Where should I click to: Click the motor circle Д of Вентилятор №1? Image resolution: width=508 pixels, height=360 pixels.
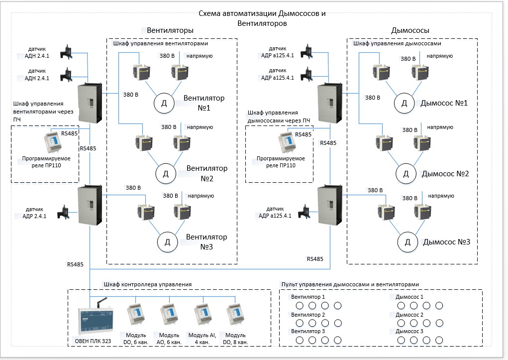(163, 103)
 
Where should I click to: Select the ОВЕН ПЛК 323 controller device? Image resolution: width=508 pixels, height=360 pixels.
(93, 322)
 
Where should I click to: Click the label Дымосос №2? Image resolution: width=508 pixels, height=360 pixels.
(445, 174)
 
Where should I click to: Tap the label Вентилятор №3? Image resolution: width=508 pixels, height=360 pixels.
(206, 241)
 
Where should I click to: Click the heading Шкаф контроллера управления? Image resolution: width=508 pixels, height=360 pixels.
(148, 284)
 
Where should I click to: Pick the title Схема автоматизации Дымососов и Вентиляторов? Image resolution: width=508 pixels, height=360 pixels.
(262, 18)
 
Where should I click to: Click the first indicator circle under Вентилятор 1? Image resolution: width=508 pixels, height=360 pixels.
(300, 305)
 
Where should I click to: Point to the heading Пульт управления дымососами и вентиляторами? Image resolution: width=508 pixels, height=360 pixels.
(350, 284)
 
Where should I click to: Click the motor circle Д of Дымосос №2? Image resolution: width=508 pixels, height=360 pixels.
(406, 174)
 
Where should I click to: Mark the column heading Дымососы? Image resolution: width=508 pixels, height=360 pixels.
(410, 30)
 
